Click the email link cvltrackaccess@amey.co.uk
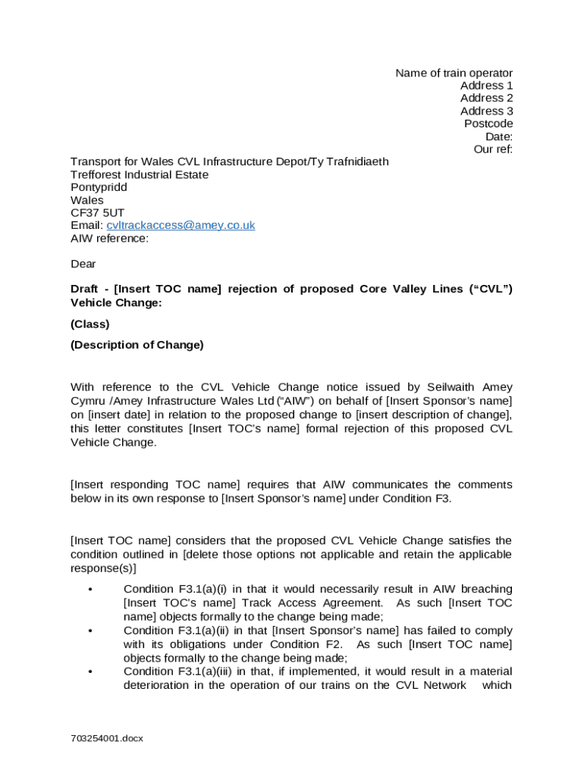181,226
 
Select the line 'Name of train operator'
454,73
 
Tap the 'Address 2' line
486,99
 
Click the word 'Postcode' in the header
488,124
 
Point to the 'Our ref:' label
493,149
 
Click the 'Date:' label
499,136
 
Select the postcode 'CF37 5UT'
97,213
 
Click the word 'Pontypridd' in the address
99,187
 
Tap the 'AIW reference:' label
109,239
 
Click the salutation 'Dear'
83,264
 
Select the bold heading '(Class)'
90,324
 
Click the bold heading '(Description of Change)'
137,345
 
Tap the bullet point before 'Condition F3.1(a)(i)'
90,590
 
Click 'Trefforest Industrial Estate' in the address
140,174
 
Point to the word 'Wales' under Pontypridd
87,200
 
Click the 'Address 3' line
486,111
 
